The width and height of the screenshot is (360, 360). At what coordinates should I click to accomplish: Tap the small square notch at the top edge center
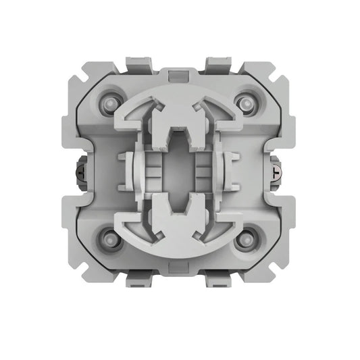click(180, 72)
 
